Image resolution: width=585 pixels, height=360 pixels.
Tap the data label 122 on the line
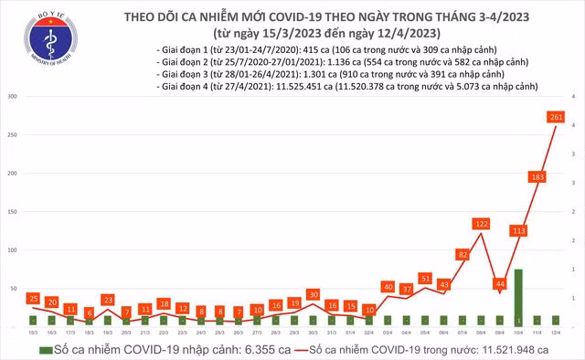tap(483, 223)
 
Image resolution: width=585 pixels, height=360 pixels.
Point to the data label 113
tap(518, 231)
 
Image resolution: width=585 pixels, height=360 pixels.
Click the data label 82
tap(463, 254)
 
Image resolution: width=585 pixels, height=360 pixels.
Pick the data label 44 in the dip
tap(500, 283)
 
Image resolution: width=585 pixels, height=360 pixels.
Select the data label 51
tap(425, 278)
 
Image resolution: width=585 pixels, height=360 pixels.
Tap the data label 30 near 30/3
tap(313, 294)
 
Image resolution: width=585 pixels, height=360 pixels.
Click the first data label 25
tap(33, 298)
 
